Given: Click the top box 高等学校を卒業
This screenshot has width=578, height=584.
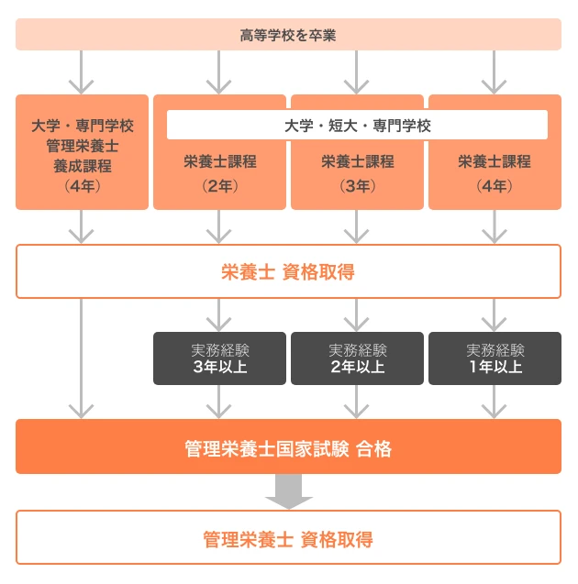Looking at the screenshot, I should [288, 35].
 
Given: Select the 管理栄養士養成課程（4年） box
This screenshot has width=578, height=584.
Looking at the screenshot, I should [82, 152].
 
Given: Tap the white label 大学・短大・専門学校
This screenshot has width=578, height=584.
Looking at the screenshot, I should [357, 125].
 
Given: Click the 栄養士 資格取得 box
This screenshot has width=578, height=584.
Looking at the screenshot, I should [288, 271].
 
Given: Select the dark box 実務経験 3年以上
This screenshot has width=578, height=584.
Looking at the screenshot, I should [219, 358].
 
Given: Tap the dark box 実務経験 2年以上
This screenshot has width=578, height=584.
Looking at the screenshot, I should [357, 358].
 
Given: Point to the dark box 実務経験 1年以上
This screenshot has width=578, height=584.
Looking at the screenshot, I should [495, 358].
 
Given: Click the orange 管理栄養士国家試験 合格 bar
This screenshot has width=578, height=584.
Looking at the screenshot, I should [288, 447].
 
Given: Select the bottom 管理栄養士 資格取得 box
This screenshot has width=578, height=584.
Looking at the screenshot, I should [288, 537].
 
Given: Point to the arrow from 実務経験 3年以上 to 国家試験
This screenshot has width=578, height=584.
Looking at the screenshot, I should [219, 402].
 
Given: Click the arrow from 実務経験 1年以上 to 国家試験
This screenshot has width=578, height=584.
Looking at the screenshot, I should [495, 402].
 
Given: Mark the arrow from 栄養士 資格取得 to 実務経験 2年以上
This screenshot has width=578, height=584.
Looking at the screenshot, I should [357, 314].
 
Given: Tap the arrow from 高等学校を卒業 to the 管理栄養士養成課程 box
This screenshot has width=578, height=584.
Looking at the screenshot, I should [82, 72].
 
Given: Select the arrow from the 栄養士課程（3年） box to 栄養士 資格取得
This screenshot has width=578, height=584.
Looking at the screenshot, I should [357, 226].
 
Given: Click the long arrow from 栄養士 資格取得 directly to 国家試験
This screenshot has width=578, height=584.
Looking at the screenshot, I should [82, 358].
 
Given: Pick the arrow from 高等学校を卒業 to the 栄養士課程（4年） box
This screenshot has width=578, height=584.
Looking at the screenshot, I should [495, 72].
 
